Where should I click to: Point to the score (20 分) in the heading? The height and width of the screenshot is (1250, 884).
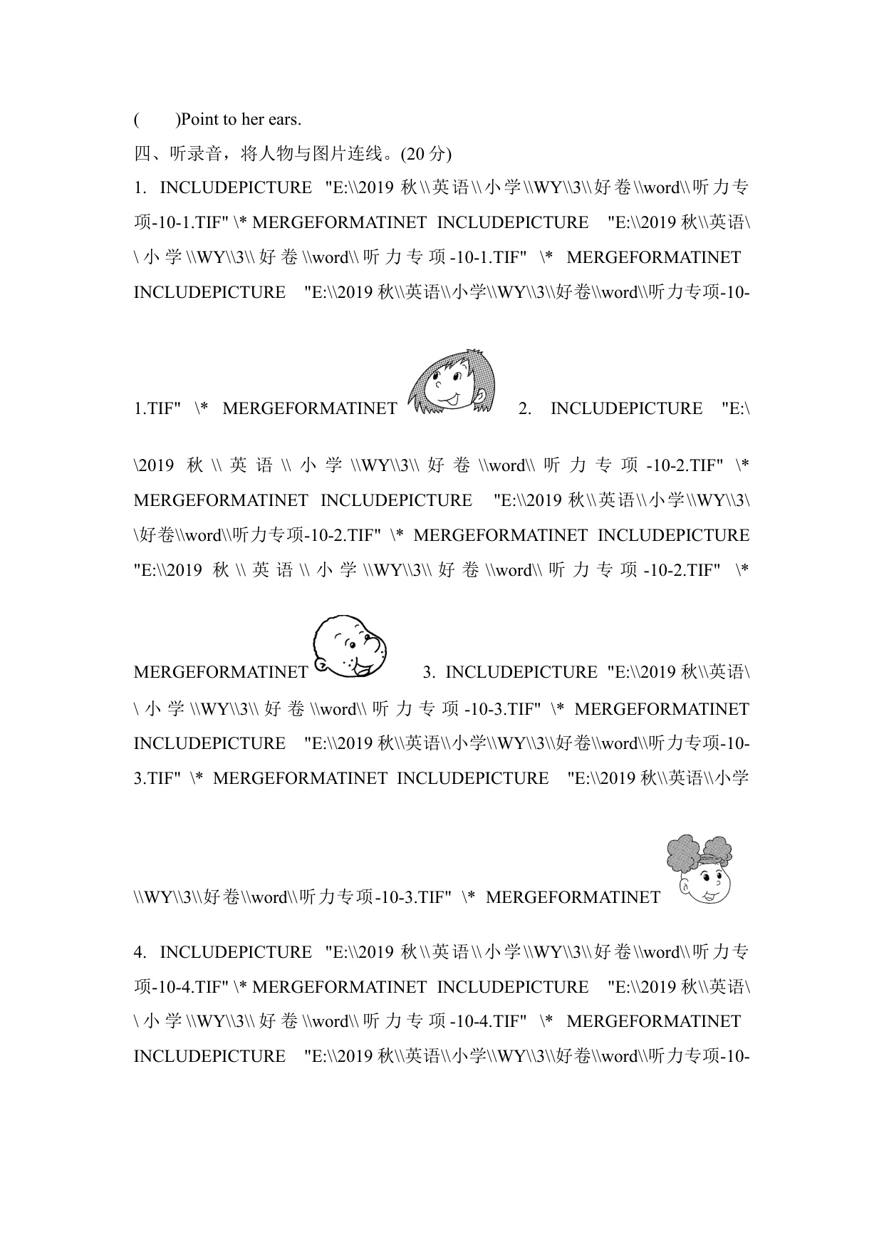(x=426, y=154)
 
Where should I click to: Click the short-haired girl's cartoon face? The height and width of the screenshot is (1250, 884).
(x=452, y=382)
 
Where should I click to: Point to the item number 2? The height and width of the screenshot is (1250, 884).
(x=525, y=409)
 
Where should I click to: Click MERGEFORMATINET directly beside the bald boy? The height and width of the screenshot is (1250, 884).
(x=221, y=673)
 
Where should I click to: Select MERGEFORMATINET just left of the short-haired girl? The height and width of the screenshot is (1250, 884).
(x=310, y=409)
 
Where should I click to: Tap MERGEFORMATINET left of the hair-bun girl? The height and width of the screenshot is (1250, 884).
(x=573, y=898)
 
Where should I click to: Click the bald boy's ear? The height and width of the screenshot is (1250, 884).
(x=321, y=665)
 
